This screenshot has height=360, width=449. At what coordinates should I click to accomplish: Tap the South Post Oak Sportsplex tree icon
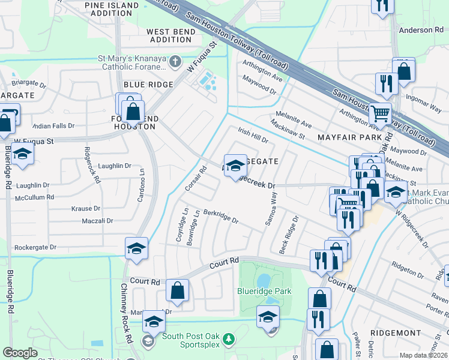228,340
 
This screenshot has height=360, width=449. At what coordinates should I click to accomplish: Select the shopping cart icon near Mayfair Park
379,112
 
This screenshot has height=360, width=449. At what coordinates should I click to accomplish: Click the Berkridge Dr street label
221,216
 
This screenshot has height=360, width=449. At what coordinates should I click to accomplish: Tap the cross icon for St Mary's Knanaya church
175,61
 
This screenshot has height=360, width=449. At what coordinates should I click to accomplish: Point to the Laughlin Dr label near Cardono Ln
112,166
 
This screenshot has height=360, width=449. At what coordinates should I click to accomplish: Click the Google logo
20,353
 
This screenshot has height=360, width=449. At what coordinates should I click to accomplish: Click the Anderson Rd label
420,31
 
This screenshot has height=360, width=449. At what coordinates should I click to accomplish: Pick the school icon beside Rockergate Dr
136,249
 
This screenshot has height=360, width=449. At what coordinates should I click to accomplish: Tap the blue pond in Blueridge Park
263,281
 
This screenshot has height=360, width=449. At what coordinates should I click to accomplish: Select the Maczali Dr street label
97,221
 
